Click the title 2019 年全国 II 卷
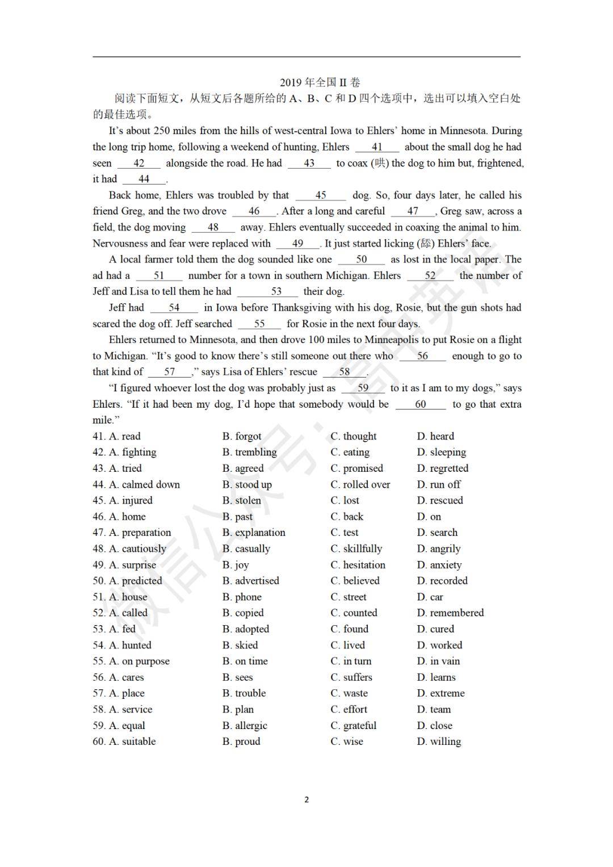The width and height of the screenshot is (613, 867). (320, 82)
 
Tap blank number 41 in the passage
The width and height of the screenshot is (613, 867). (377, 147)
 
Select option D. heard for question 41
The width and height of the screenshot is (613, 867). (435, 436)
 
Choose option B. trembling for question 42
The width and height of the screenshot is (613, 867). (249, 452)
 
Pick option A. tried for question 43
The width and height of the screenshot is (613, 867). (125, 468)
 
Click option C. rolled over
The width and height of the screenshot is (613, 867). (360, 484)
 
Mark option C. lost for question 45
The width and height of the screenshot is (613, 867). (345, 500)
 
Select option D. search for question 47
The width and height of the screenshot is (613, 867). (437, 533)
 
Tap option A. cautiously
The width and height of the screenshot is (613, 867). (138, 548)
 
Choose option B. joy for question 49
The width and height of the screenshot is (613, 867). (236, 565)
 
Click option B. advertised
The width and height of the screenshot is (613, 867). (251, 581)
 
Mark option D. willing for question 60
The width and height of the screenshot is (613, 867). (439, 742)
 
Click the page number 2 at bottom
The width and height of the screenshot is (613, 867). (306, 800)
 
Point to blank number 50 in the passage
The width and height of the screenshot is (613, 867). (362, 259)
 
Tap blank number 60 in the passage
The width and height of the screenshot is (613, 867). (421, 404)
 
